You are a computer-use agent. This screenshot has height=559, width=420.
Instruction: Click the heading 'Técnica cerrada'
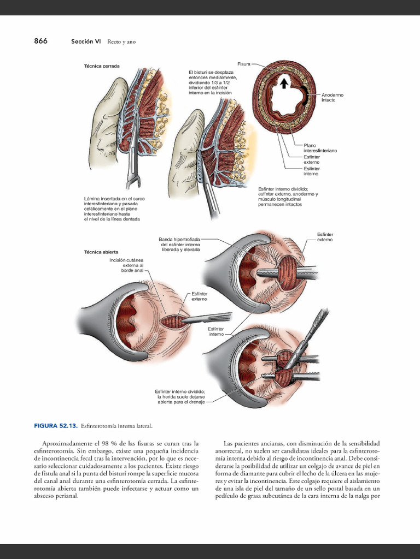tap(102, 66)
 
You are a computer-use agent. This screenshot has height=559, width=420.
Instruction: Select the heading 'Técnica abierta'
tap(101, 252)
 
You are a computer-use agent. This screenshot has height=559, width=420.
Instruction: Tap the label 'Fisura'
tap(243, 64)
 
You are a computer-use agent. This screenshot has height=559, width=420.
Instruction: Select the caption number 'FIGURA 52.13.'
tap(56, 425)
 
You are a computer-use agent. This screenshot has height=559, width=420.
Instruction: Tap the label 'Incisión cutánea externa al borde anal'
tap(126, 265)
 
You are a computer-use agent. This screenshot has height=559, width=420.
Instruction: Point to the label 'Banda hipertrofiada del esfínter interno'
tap(180, 244)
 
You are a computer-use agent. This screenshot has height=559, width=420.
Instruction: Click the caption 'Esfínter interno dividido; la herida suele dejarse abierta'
tap(180, 396)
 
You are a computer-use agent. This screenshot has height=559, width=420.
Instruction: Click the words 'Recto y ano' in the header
tap(121, 41)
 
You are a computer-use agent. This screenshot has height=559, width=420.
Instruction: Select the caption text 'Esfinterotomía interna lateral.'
tap(116, 425)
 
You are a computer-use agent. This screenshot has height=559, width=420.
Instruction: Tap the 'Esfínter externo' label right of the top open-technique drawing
tap(324, 237)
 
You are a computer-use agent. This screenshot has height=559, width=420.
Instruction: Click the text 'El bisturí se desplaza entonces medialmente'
tap(211, 82)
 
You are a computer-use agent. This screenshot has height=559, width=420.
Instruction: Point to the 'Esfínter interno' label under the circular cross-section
tap(311, 171)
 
